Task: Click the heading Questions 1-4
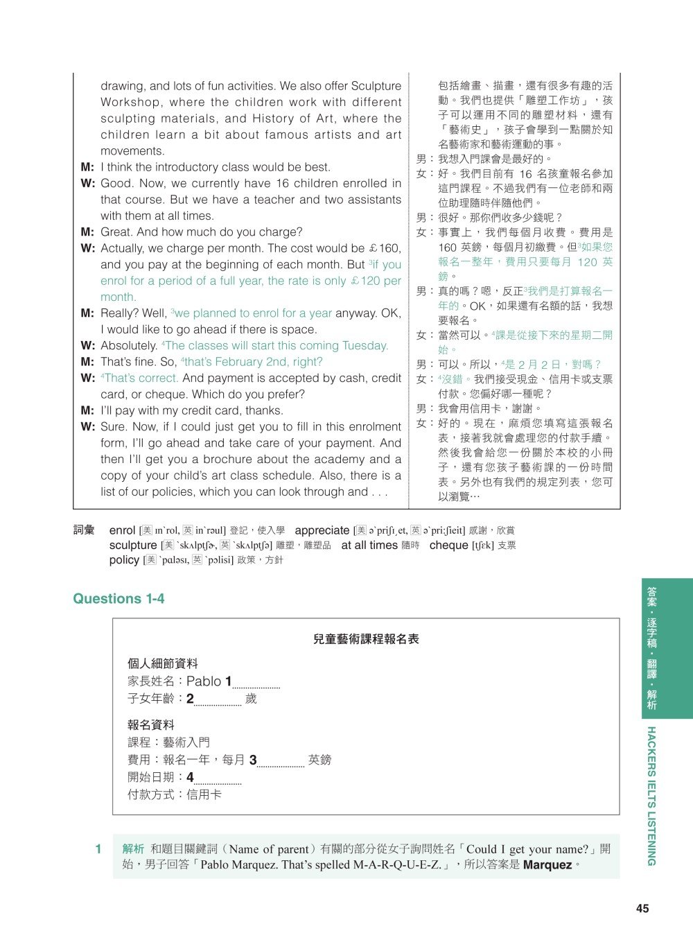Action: (119, 599)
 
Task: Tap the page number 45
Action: (642, 908)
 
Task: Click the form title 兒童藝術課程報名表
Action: (366, 639)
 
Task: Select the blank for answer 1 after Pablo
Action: (256, 684)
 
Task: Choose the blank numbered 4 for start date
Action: (217, 780)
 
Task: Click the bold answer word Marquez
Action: (547, 865)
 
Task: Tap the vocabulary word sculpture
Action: (133, 546)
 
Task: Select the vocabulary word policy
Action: (124, 560)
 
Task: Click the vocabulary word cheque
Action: (448, 546)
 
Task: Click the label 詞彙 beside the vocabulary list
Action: (84, 530)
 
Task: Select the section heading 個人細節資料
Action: (162, 663)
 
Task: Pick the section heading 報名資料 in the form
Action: (150, 725)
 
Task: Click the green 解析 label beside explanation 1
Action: (133, 849)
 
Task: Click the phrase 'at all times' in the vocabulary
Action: (369, 546)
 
